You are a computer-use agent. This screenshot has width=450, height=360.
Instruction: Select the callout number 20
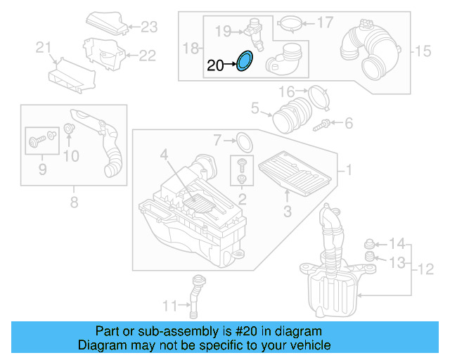[215, 65]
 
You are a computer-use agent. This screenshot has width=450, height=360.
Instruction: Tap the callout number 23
[149, 27]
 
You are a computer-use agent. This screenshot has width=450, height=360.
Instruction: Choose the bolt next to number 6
[325, 124]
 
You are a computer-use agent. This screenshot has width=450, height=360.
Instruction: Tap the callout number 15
[421, 51]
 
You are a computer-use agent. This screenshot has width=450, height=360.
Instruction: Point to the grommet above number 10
[70, 129]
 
